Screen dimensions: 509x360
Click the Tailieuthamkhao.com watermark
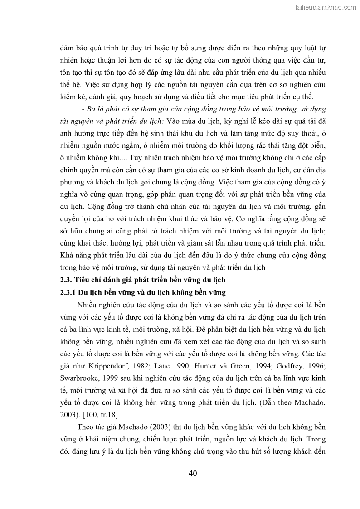coord(325,7)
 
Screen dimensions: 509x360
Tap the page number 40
coord(193,473)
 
